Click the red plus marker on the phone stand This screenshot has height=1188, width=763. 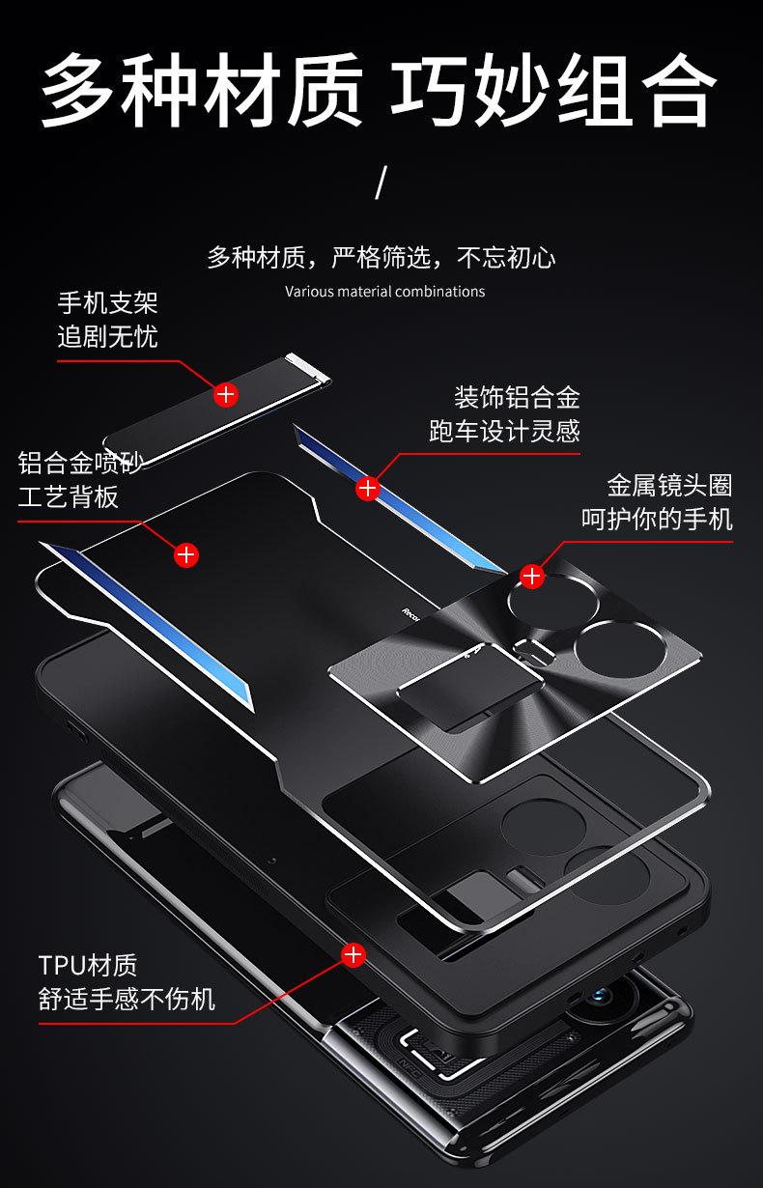pos(225,394)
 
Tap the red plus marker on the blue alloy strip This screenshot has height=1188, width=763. pos(367,488)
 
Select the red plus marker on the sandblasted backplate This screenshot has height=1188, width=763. pos(185,554)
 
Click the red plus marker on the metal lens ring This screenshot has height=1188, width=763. pos(531,577)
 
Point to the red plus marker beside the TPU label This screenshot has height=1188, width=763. pos(353,955)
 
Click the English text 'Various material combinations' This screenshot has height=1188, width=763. pos(384,291)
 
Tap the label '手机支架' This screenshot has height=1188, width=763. pos(107,303)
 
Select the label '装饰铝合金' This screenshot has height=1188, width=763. pos(517,397)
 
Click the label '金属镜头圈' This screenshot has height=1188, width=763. pos(669,485)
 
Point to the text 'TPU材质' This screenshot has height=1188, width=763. pos(88,965)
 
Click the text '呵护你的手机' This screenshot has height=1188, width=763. pos(657,519)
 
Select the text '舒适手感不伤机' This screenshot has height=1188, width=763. pos(127,999)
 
